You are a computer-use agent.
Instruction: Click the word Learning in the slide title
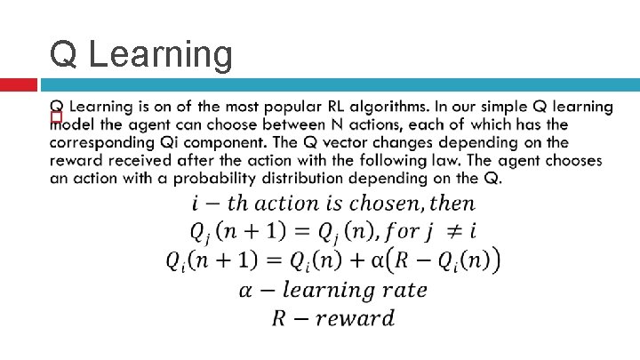point(161,55)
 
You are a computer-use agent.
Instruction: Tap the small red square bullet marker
point(56,116)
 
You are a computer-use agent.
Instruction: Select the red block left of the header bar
point(19,84)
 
